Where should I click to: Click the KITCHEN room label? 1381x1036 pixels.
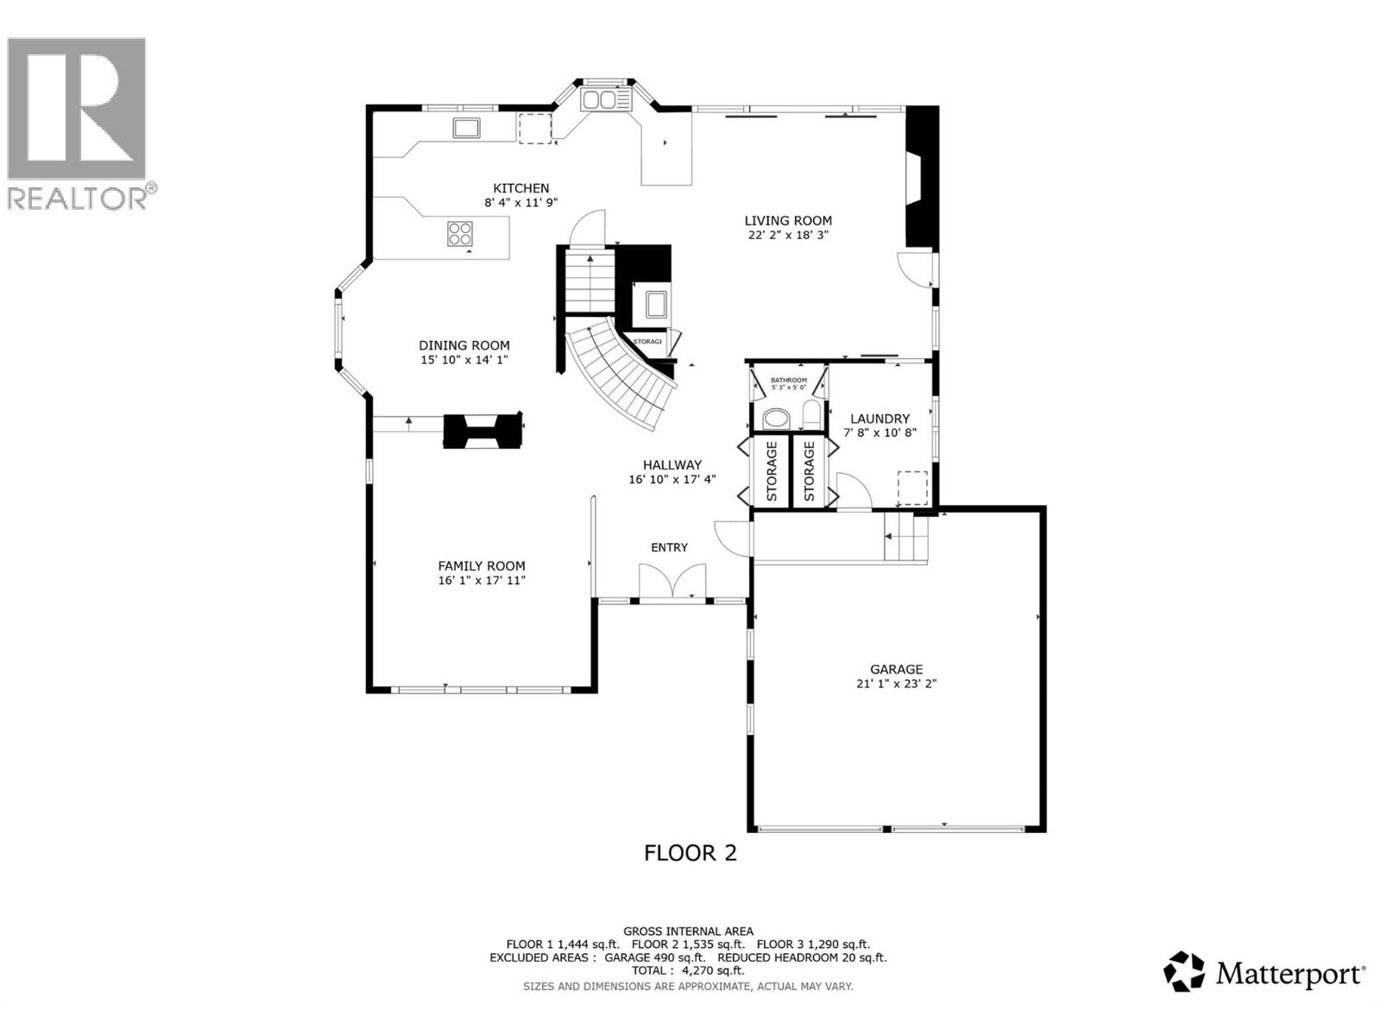point(520,188)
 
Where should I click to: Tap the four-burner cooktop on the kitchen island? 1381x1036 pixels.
point(460,234)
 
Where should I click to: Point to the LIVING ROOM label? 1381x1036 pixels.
point(788,221)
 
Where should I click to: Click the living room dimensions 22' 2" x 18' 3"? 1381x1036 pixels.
point(788,235)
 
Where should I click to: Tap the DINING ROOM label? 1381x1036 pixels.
point(464,345)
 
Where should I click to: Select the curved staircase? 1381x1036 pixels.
point(621,376)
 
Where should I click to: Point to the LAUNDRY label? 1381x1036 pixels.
point(880,419)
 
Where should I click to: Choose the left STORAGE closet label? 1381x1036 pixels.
point(772,471)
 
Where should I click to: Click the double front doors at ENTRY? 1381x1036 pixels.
point(672,581)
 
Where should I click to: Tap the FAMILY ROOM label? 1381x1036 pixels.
point(482,566)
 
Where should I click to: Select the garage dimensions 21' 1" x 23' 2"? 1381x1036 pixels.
point(896,683)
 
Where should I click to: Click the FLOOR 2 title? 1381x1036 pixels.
point(690,853)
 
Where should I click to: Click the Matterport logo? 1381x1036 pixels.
point(1264,974)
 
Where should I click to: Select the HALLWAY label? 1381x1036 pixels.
point(672,464)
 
